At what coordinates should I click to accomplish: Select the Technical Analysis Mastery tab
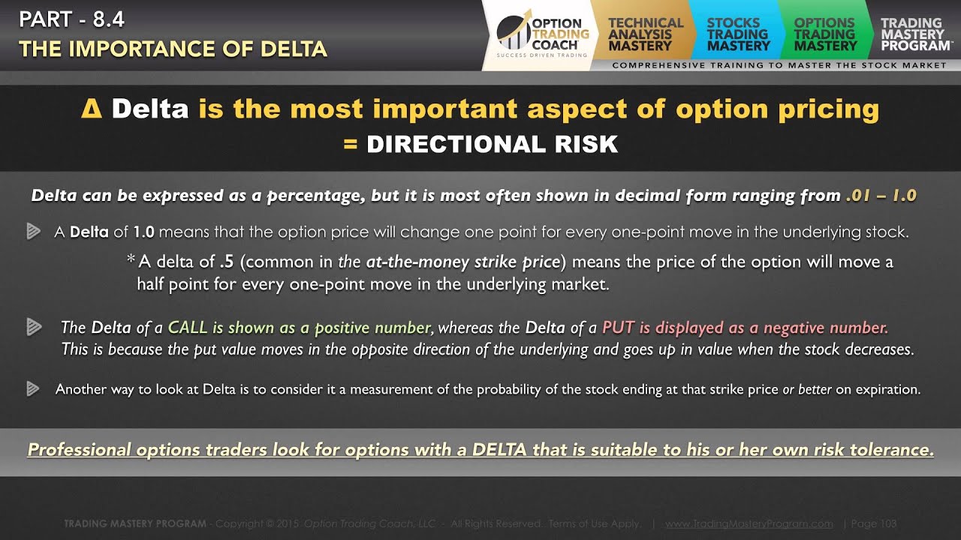pyautogui.click(x=645, y=34)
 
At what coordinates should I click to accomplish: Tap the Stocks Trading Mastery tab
pyautogui.click(x=738, y=34)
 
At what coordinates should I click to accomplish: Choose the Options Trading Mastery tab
pyautogui.click(x=824, y=34)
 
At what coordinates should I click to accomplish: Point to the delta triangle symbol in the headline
pyautogui.click(x=90, y=109)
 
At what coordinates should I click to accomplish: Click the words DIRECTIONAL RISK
pyautogui.click(x=492, y=144)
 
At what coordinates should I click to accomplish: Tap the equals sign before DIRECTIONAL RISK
pyautogui.click(x=350, y=144)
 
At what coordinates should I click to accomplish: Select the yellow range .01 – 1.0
pyautogui.click(x=881, y=196)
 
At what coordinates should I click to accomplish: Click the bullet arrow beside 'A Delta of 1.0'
pyautogui.click(x=33, y=232)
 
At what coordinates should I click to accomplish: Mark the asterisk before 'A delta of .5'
pyautogui.click(x=131, y=260)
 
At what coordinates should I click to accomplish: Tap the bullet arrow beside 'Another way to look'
pyautogui.click(x=33, y=388)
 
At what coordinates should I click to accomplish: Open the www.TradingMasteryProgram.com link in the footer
pyautogui.click(x=749, y=523)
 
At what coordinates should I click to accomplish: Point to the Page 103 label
pyautogui.click(x=874, y=523)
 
